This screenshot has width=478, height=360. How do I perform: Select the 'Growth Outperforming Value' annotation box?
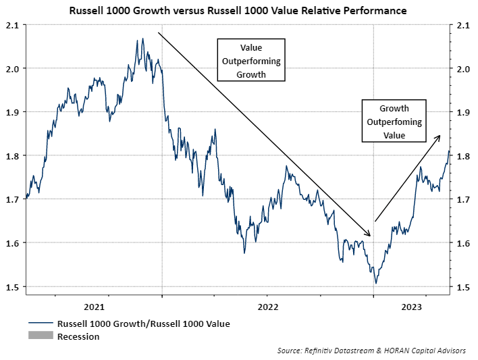pos(394,122)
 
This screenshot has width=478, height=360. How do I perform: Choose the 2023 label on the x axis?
pos(412,304)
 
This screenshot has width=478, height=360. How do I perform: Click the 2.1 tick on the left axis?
pos(14,25)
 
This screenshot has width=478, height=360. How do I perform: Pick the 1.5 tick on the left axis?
pos(14,287)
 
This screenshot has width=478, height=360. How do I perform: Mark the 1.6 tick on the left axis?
pos(14,243)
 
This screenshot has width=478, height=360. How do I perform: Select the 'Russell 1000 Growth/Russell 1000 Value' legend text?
pos(143,324)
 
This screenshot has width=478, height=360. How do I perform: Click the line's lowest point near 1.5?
pos(375,283)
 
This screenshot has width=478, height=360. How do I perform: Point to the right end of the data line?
pos(449,151)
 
